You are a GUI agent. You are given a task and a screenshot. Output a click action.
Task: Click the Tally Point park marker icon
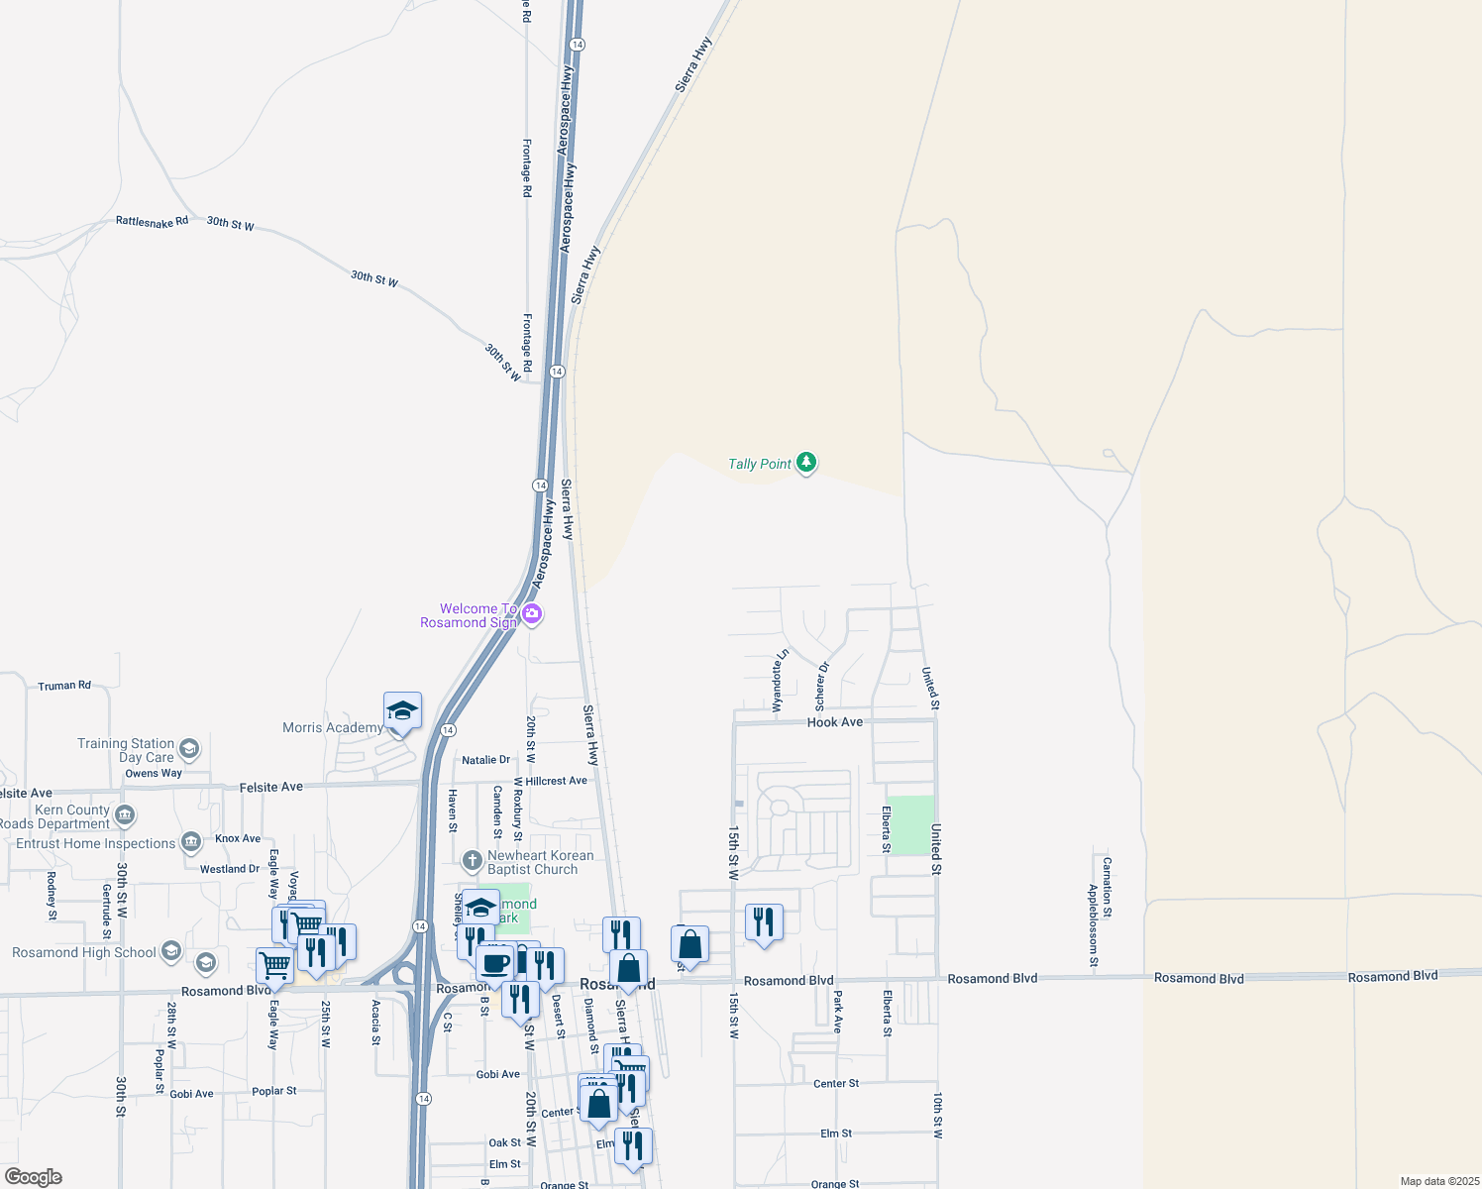[x=806, y=463]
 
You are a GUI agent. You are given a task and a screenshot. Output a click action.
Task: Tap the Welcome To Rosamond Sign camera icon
[x=532, y=614]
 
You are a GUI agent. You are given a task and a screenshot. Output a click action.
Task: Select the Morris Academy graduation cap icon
[x=402, y=710]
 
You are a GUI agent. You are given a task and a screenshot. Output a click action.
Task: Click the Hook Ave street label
[x=834, y=722]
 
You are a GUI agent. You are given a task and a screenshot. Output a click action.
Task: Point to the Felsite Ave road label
[x=270, y=787]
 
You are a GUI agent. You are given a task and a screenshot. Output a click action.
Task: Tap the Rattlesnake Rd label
[x=152, y=221]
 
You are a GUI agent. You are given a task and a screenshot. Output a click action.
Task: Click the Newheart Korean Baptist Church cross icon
[x=473, y=859]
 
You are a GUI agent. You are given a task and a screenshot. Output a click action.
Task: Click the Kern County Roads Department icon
[x=125, y=815]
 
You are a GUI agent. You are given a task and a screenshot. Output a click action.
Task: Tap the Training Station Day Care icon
[x=189, y=749]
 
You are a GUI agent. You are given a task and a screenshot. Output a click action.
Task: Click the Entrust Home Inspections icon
[x=191, y=843]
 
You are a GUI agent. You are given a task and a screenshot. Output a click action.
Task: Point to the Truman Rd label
[x=64, y=686]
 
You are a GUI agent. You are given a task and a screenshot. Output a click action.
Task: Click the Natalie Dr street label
[x=485, y=760]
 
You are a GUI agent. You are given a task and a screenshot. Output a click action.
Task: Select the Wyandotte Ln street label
[x=780, y=681]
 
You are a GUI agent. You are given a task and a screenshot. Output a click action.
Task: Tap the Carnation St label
[x=1107, y=888]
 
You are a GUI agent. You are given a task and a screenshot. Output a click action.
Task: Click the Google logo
[x=34, y=1177]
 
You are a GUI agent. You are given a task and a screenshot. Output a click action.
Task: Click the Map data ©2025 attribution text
[x=1437, y=1181]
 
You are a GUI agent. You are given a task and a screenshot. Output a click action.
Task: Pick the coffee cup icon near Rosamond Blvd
[x=494, y=962]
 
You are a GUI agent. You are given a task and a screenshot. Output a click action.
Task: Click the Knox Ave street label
[x=238, y=838]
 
